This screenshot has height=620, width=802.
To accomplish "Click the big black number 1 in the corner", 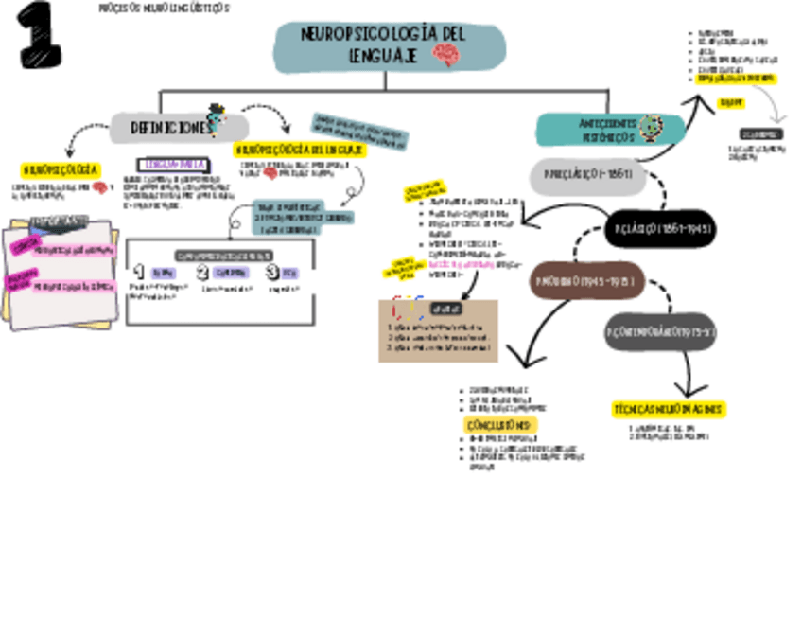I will pyautogui.click(x=39, y=35).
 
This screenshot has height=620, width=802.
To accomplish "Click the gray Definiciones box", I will pyautogui.click(x=175, y=127).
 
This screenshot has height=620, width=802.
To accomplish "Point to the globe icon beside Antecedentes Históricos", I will pyautogui.click(x=650, y=127).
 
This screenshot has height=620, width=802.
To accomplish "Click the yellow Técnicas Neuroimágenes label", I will pyautogui.click(x=669, y=409).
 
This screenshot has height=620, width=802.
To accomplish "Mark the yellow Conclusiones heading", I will pyautogui.click(x=500, y=425).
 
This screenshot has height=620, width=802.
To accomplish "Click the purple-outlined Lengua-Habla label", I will pyautogui.click(x=170, y=164).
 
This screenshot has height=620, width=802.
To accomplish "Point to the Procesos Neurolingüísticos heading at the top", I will pyautogui.click(x=163, y=8).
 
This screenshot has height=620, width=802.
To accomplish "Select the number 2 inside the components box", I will pyautogui.click(x=202, y=273).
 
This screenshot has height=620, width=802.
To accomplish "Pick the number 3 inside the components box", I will pyautogui.click(x=272, y=273).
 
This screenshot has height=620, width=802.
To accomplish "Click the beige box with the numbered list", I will pyautogui.click(x=437, y=330).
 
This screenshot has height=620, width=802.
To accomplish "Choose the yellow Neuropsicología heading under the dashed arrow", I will pyautogui.click(x=60, y=170).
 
